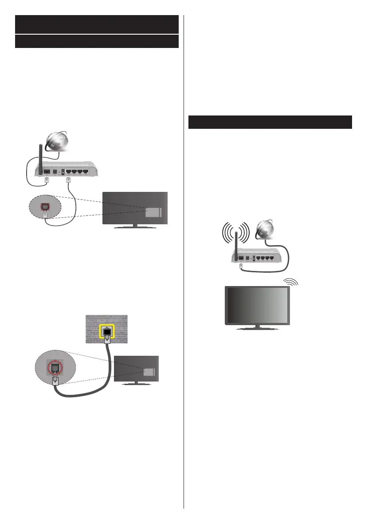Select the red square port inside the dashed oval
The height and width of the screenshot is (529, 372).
coord(45,207)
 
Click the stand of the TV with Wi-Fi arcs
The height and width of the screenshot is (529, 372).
coord(257,329)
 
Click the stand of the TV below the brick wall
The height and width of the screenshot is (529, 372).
coord(136,383)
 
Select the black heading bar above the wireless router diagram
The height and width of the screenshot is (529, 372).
coord(270,122)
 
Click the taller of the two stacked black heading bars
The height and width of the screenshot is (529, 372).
coord(97,24)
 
